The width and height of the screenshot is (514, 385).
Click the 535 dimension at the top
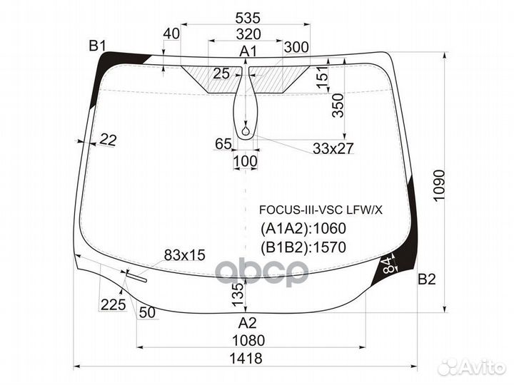[248, 18]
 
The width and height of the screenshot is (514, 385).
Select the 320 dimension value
[248, 34]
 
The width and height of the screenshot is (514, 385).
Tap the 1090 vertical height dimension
[438, 185]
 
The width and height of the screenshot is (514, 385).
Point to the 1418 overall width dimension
[246, 358]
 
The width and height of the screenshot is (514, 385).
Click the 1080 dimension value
[248, 341]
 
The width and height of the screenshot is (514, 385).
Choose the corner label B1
[97, 46]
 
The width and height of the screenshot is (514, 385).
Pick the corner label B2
[427, 279]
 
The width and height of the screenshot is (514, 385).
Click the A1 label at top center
[248, 51]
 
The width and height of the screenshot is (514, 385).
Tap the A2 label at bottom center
[247, 323]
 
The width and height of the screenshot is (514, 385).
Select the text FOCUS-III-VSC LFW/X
[321, 210]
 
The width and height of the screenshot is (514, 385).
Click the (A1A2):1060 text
[303, 229]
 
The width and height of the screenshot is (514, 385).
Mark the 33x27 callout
[333, 148]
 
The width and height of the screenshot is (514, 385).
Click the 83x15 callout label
[185, 255]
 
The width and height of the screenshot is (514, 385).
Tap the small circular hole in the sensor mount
[246, 131]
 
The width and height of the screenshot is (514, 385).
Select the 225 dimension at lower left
[113, 305]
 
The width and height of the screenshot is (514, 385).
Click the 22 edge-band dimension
[108, 140]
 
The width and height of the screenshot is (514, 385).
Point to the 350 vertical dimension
[338, 106]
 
